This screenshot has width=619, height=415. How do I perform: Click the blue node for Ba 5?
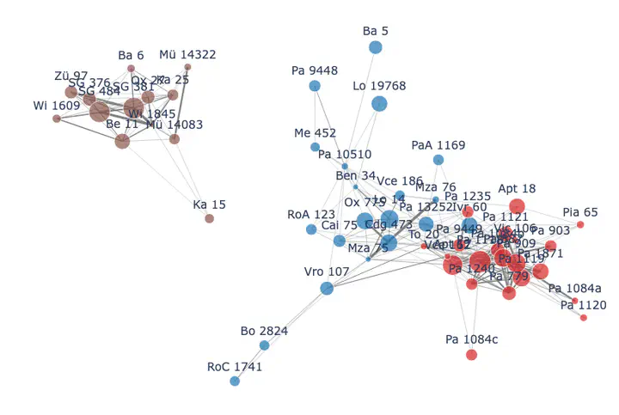[376, 47]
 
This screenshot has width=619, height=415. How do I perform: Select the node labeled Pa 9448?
[315, 86]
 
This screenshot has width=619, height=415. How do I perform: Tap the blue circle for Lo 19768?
[379, 104]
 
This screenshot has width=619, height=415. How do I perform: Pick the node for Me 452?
[316, 147]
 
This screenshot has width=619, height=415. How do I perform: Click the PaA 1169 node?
[438, 160]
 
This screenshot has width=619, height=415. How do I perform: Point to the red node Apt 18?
[517, 205]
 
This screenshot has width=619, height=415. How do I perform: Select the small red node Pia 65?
[580, 225]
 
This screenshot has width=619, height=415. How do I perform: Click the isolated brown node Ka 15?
[210, 218]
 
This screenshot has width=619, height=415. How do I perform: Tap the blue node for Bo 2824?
[264, 345]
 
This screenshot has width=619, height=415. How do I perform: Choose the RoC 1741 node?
[235, 381]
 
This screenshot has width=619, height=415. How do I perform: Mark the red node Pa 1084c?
[471, 355]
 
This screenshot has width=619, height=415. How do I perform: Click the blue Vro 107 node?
[327, 288]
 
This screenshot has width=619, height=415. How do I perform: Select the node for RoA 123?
[311, 229]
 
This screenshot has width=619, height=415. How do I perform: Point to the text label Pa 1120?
[584, 305]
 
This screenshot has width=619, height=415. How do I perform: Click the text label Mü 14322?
[188, 55]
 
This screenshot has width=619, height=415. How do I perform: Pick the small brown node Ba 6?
[131, 68]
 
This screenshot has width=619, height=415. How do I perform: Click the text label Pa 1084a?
[575, 288]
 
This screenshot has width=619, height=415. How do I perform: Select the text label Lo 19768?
[379, 86]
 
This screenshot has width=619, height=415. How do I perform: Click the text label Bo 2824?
[264, 331]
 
